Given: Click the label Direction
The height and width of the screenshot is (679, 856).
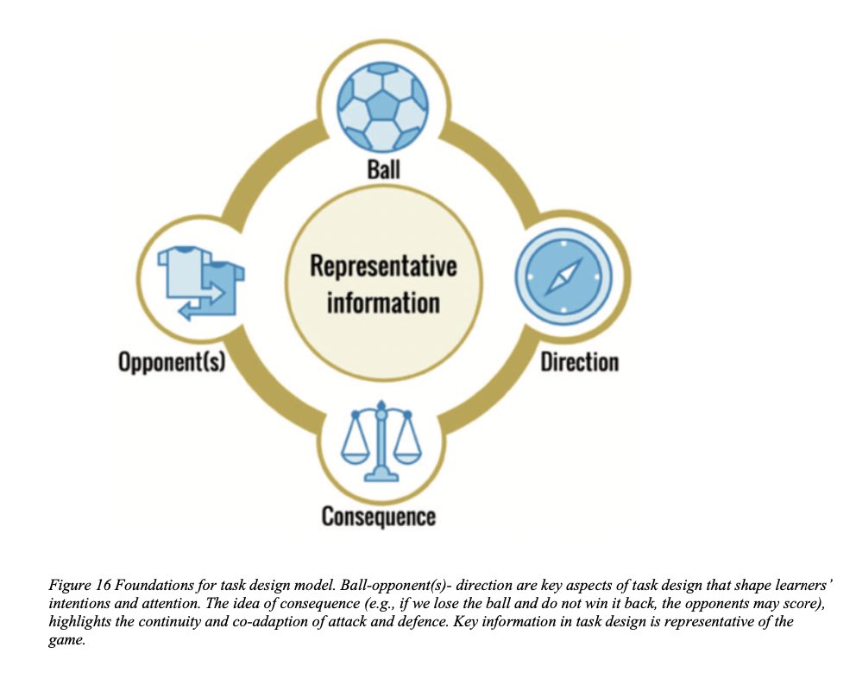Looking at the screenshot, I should pos(579,361).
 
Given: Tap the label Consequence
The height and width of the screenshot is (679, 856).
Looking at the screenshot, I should pos(378,517).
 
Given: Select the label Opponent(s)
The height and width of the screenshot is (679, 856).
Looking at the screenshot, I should pos(172,361).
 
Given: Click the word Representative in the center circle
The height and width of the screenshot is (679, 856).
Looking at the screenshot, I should pos(383,265).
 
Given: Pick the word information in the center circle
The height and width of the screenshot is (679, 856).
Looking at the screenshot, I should pos(383,302).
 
